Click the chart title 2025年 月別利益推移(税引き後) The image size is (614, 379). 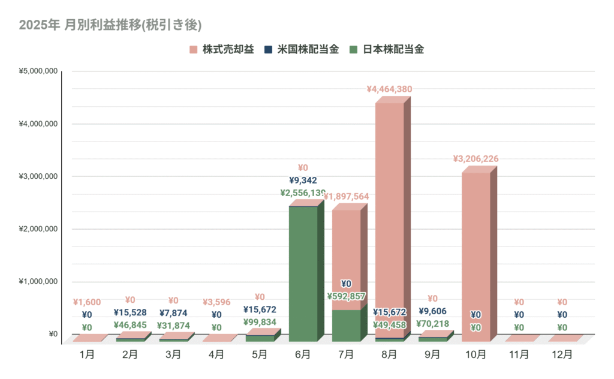(110, 25)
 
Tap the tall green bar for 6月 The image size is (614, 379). (303, 273)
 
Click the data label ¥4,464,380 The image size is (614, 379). (389, 89)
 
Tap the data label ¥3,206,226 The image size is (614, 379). (475, 159)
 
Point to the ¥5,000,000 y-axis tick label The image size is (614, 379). (38, 71)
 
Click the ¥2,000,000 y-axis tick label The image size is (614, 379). (38, 229)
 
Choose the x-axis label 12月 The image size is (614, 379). (562, 354)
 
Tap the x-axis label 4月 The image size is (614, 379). (216, 354)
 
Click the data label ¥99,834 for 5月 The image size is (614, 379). (260, 322)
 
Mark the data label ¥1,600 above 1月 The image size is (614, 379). (87, 303)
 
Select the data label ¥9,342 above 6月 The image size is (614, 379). (303, 180)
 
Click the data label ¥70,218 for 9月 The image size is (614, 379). (432, 324)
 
